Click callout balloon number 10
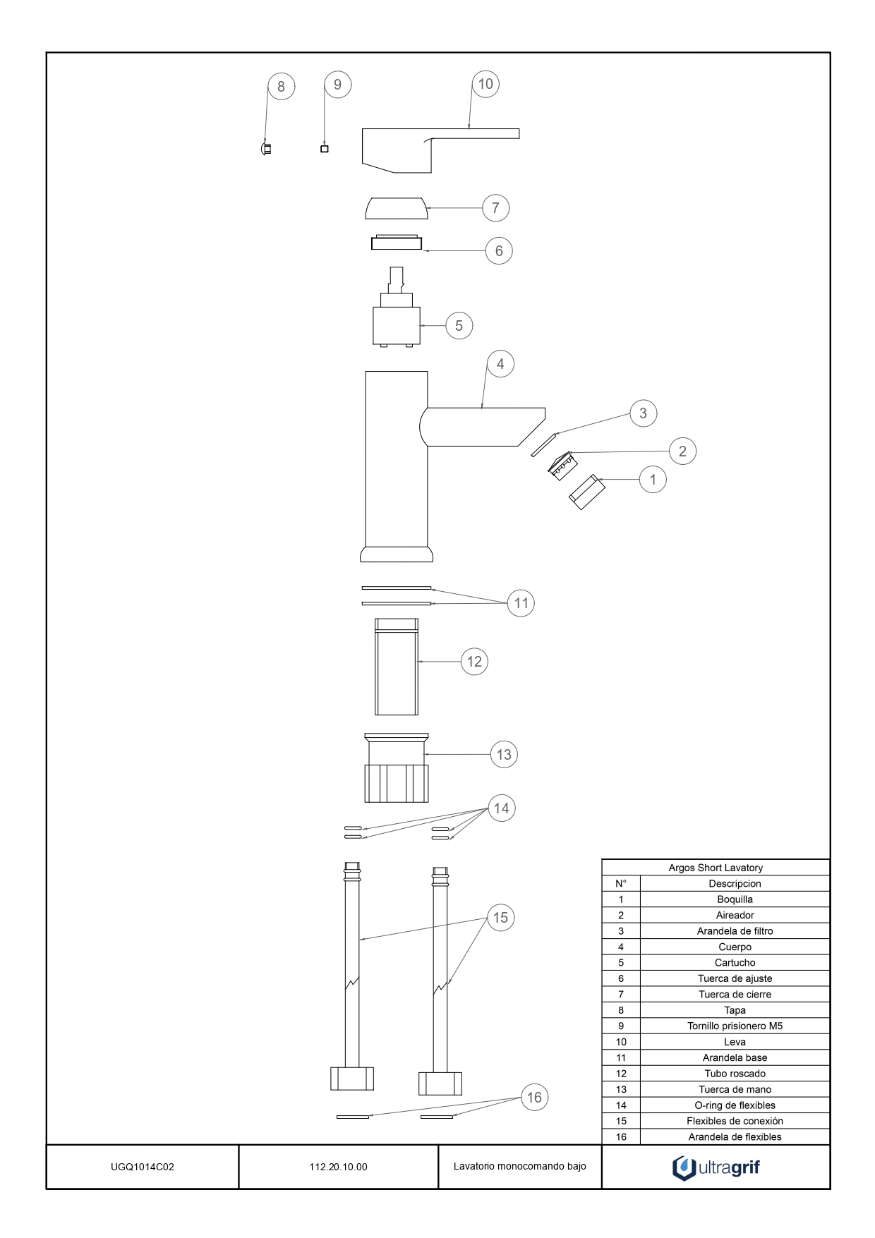pos(485,84)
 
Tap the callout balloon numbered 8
pos(281,87)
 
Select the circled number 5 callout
pos(459,326)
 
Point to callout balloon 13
pos(504,755)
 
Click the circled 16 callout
pos(534,1098)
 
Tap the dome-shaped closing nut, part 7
pos(397,209)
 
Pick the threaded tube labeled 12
pos(397,667)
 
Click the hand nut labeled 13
pos(397,768)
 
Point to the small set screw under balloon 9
pos(325,149)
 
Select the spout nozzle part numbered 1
pos(587,492)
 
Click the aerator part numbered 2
pos(563,466)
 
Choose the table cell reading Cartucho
pos(735,963)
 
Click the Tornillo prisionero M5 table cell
pos(735,1026)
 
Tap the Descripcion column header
pos(735,884)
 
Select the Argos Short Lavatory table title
pos(716,868)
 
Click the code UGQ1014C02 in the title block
pos(143,1167)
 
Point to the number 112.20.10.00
pos(338,1167)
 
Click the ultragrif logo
pos(716,1167)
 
